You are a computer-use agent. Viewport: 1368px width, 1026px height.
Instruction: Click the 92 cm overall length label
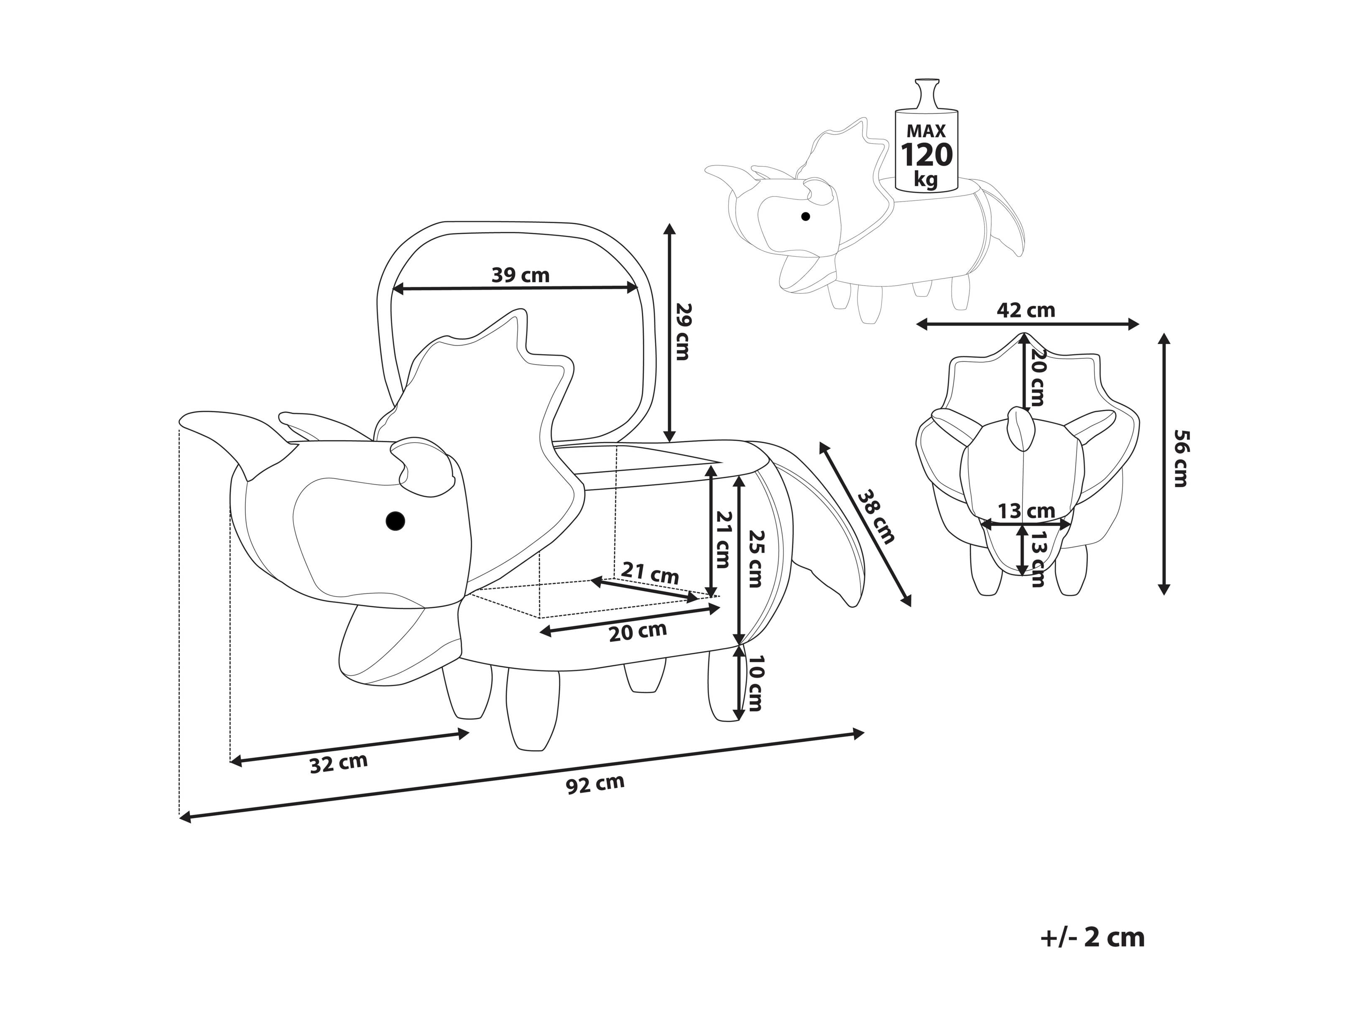pos(595,784)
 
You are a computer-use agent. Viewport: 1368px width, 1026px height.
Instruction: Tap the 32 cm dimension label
pos(338,763)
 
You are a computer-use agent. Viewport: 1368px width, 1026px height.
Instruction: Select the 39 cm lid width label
pos(520,275)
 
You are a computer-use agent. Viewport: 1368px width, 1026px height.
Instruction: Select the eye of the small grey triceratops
pos(805,217)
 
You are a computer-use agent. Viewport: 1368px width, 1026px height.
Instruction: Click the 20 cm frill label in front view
pos(1037,378)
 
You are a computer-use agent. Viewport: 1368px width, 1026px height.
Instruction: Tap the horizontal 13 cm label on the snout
pos(1026,511)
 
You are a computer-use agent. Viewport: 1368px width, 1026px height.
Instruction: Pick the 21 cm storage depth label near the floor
pos(650,573)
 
